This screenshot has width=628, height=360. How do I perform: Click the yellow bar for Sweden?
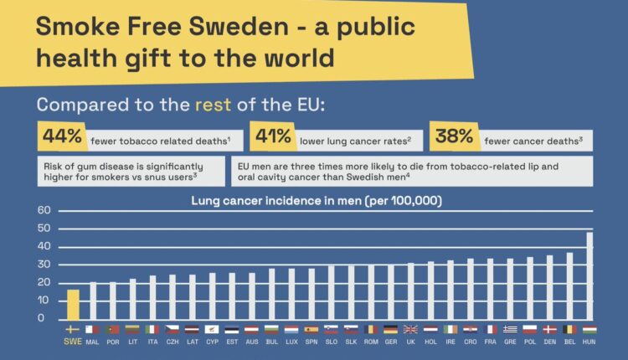(x=73, y=305)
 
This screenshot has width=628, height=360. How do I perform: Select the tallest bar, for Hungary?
(x=589, y=277)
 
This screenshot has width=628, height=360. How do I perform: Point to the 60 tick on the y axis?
(x=44, y=210)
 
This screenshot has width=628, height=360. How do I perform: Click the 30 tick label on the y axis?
(x=44, y=265)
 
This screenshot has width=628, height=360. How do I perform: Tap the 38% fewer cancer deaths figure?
(x=452, y=136)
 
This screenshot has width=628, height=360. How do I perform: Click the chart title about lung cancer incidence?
(x=317, y=201)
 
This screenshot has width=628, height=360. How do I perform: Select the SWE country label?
(x=73, y=342)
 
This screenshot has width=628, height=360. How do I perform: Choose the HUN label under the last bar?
(x=589, y=342)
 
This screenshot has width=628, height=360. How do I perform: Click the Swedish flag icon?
(x=73, y=329)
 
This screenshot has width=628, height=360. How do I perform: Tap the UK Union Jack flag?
(x=410, y=329)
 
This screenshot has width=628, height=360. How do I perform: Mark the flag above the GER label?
(x=389, y=329)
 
